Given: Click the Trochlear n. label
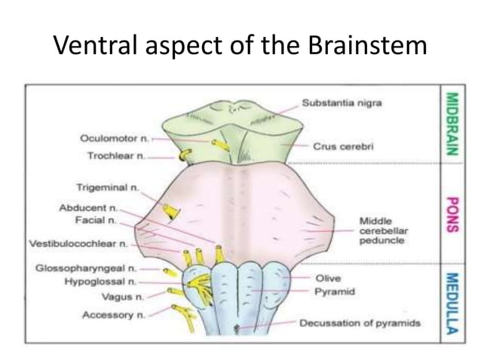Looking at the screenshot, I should tap(112, 157).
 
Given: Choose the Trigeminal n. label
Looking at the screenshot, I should tap(107, 186).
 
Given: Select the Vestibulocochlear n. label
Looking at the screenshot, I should tap(78, 244).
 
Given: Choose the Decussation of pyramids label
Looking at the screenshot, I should tap(359, 324).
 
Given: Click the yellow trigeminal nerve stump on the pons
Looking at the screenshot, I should tap(171, 212).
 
